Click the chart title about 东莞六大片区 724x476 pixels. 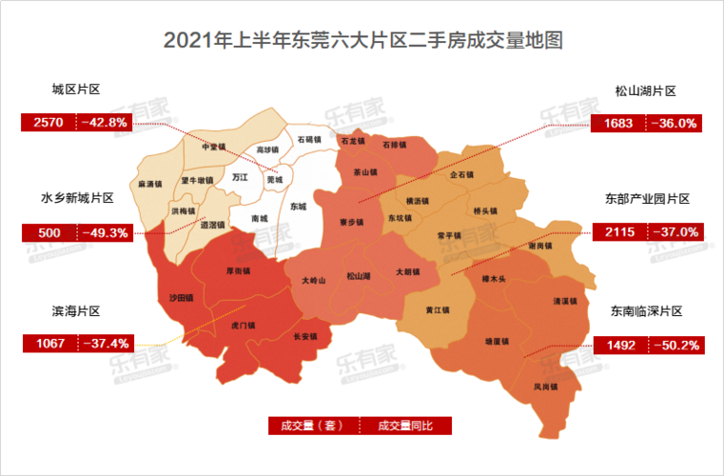(362, 42)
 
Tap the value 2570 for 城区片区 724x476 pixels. (49, 123)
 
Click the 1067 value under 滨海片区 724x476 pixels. (49, 343)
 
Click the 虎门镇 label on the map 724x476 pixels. (244, 326)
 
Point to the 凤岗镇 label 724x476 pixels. (545, 387)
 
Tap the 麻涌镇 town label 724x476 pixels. (151, 183)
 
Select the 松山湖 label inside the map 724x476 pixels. (359, 277)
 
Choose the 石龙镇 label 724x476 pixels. (352, 142)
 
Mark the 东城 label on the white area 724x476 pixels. (299, 206)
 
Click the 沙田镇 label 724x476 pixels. (181, 298)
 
